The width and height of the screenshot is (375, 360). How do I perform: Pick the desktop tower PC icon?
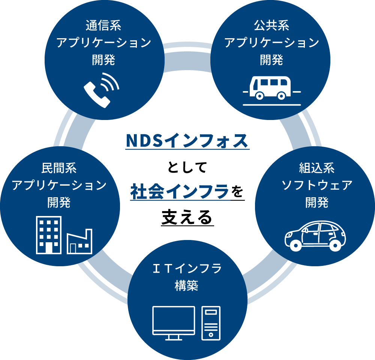coord(211,323)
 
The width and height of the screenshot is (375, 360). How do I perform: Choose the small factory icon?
coord(79,242)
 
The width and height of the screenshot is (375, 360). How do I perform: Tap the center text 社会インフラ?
coord(180,192)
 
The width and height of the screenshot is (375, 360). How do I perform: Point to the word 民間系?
coord(59,168)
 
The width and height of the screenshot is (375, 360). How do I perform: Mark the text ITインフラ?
coord(187,269)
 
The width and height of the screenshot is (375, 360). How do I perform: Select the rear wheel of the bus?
coord(282,96)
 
